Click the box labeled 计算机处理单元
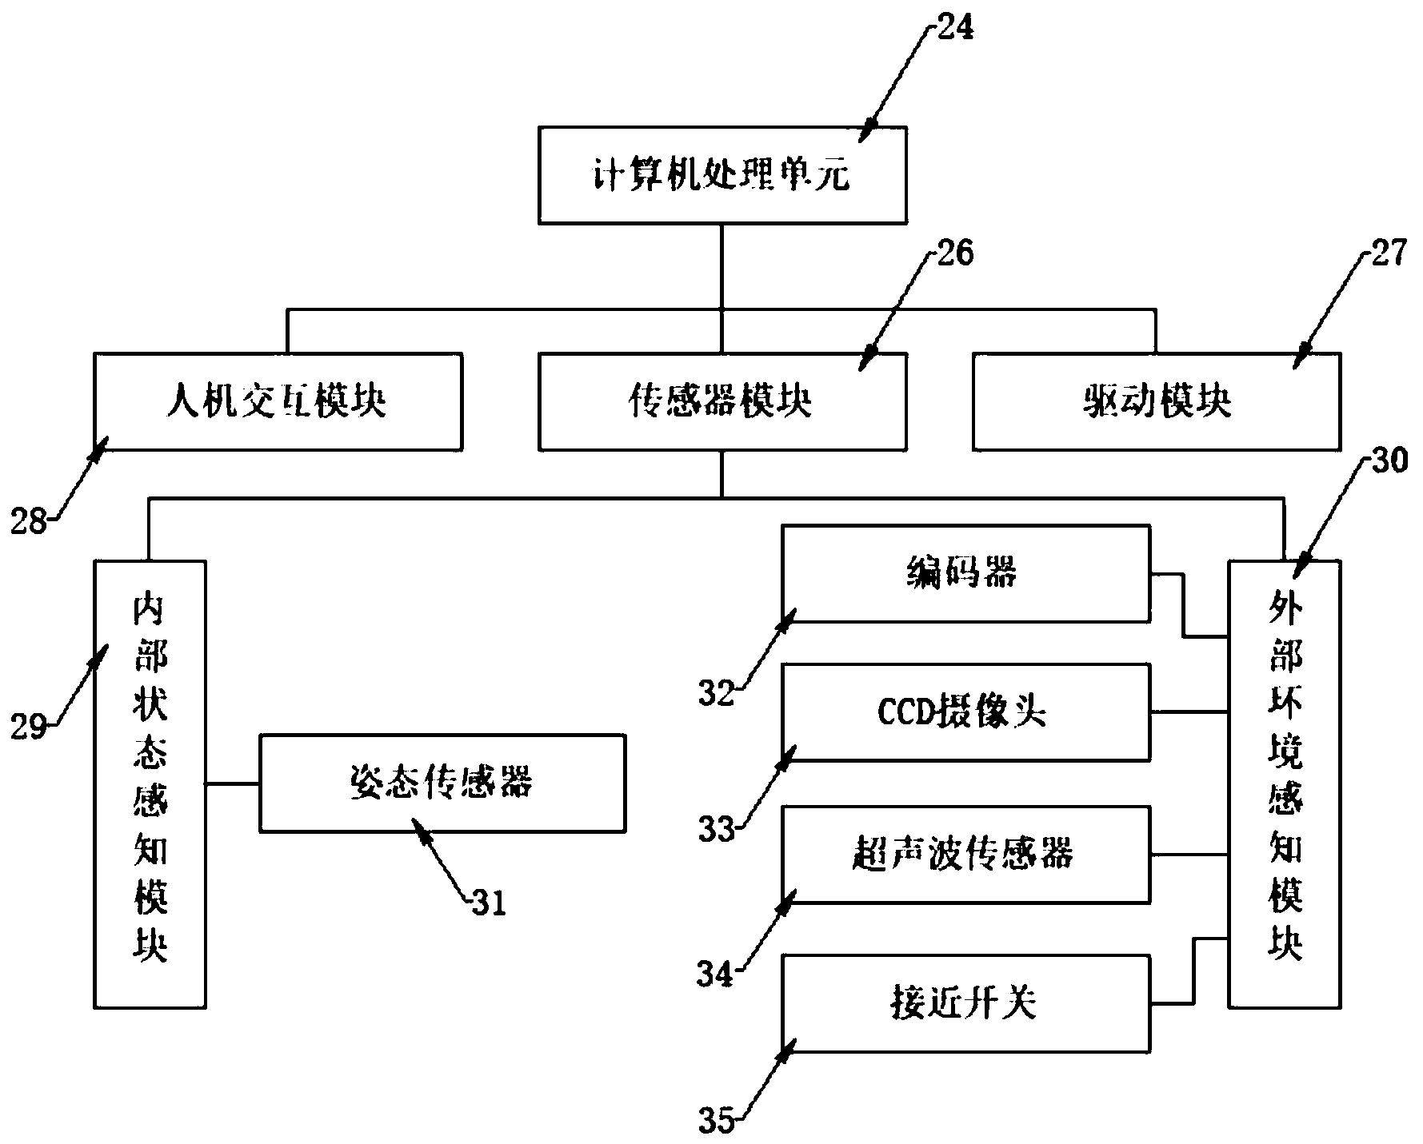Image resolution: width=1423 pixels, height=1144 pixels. (722, 174)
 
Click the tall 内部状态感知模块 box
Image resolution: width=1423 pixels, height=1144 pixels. (150, 783)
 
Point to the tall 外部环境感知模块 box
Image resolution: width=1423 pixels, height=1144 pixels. (1284, 783)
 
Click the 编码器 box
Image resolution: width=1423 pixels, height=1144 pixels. (965, 573)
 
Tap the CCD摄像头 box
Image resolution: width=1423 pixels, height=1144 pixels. (965, 712)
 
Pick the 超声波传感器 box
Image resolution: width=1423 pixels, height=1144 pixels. (965, 855)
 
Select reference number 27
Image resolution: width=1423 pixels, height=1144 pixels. (1387, 254)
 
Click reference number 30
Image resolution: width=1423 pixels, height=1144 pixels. (1389, 462)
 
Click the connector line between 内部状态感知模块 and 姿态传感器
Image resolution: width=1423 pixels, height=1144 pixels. (232, 783)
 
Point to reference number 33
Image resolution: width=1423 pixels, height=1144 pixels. (715, 829)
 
